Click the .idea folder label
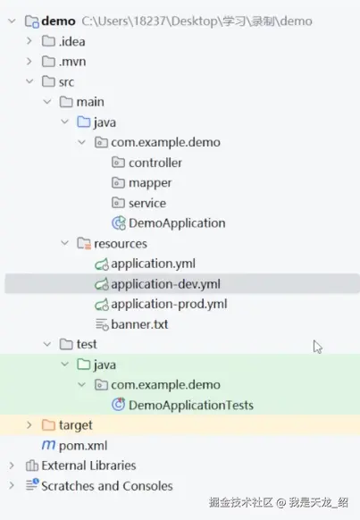(72, 41)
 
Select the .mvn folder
(72, 62)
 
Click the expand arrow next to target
(29, 424)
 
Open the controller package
(155, 163)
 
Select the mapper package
(150, 183)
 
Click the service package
(147, 204)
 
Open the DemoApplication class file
(177, 223)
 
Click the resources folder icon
(84, 243)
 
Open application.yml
(153, 264)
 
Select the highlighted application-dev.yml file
(165, 284)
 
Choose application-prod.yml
(169, 305)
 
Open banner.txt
(139, 324)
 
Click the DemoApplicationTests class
(191, 406)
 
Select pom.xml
(83, 446)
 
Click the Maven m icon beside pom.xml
(48, 445)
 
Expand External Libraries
(12, 465)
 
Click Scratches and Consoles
(106, 486)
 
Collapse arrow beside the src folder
(29, 81)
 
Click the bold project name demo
(58, 21)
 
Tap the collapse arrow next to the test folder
(47, 344)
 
